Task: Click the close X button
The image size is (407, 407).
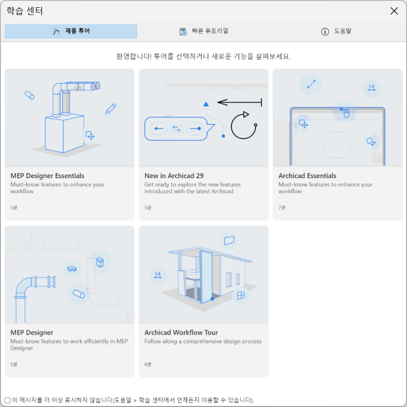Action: click(x=394, y=11)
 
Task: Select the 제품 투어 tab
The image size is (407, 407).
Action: click(x=70, y=31)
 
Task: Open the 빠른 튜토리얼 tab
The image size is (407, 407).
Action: click(x=204, y=31)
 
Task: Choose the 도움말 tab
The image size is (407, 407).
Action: click(x=337, y=31)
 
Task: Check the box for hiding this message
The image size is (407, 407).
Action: click(x=8, y=400)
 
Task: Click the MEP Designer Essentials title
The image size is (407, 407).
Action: click(x=47, y=176)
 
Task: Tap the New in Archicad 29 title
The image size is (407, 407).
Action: click(x=174, y=176)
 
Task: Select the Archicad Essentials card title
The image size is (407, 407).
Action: click(x=307, y=176)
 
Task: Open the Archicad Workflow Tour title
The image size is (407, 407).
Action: click(x=181, y=333)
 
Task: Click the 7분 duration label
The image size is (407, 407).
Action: click(x=282, y=208)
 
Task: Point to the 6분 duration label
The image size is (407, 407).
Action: click(x=148, y=364)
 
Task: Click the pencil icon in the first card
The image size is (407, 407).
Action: click(x=110, y=109)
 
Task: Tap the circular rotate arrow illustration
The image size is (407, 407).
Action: click(x=244, y=125)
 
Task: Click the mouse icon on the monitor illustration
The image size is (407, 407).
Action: click(x=346, y=113)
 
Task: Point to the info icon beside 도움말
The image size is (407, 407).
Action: click(x=325, y=32)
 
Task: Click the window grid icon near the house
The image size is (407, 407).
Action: click(x=241, y=295)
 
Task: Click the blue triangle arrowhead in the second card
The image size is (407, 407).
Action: click(x=206, y=104)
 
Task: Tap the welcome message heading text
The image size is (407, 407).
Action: click(x=203, y=56)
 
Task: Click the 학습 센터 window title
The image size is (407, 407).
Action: click(x=25, y=11)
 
